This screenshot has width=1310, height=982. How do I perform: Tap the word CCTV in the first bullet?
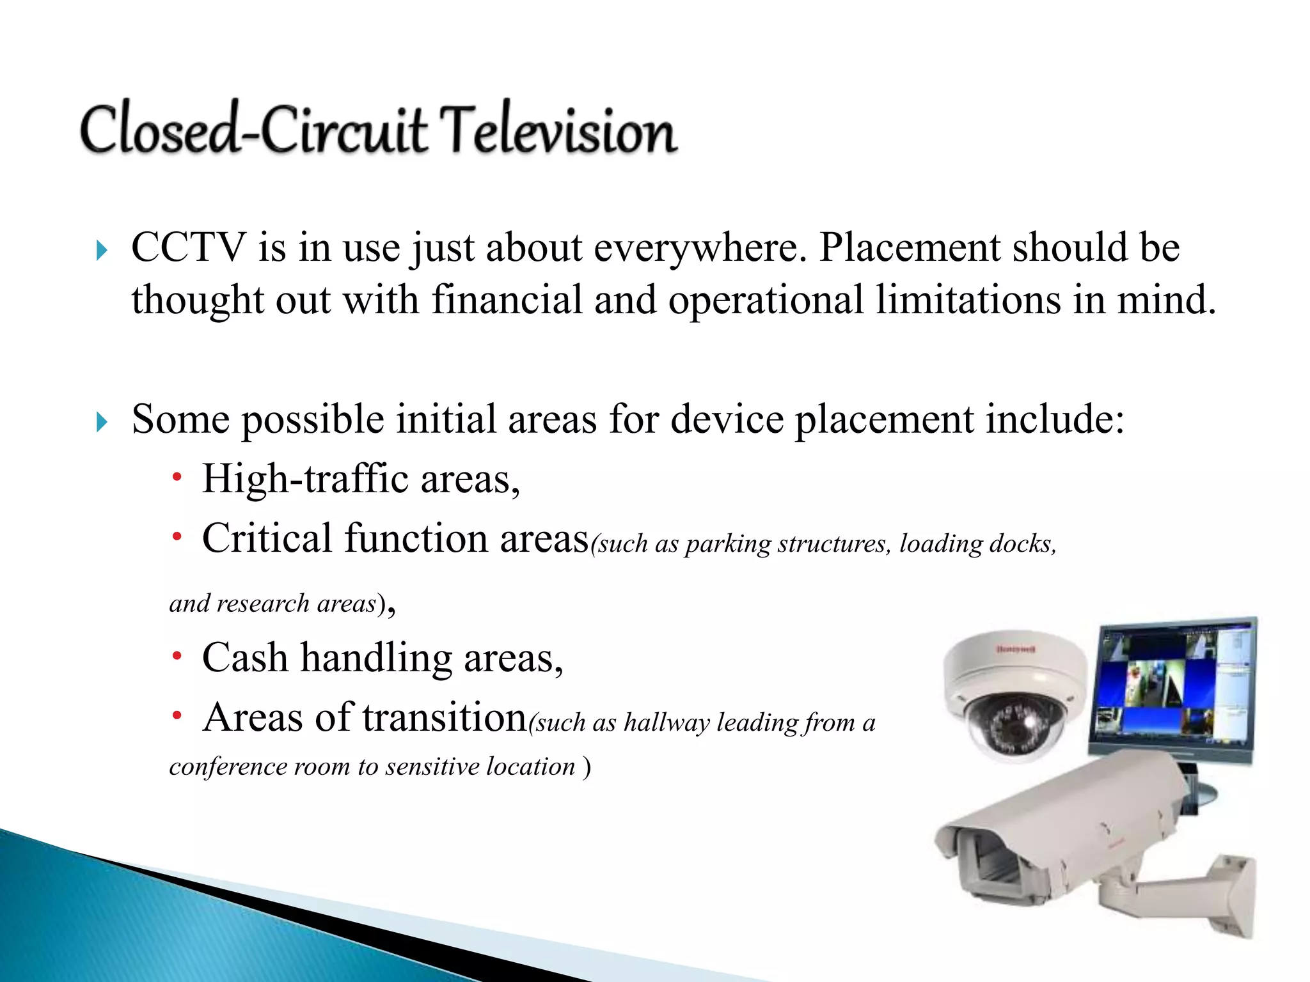188,247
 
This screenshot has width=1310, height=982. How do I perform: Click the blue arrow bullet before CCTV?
101,250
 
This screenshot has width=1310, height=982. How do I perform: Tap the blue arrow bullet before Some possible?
101,421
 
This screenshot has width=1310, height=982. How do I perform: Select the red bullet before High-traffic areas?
177,477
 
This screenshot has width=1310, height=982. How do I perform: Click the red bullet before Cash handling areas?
177,656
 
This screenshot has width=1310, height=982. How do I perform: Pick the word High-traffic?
304,479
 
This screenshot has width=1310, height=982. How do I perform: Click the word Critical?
267,538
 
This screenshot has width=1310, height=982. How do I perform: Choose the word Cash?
244,658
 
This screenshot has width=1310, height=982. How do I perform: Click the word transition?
444,717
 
